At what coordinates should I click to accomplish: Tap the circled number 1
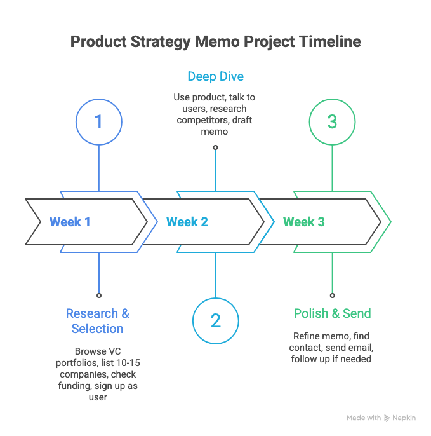pyautogui.click(x=98, y=122)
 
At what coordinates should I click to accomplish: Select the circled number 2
pyautogui.click(x=215, y=320)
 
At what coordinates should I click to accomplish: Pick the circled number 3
pyautogui.click(x=332, y=122)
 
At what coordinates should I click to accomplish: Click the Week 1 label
pyautogui.click(x=70, y=222)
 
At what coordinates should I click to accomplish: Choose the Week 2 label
pyautogui.click(x=187, y=222)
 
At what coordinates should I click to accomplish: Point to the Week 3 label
pyautogui.click(x=303, y=222)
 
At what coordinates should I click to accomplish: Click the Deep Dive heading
pyautogui.click(x=215, y=77)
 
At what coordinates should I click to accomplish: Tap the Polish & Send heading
pyautogui.click(x=332, y=313)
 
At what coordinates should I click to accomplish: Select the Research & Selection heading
pyautogui.click(x=98, y=321)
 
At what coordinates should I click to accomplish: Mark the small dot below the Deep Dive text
pyautogui.click(x=215, y=147)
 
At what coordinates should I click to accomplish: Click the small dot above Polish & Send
pyautogui.click(x=332, y=296)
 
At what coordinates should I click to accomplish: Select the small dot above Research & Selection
pyautogui.click(x=98, y=296)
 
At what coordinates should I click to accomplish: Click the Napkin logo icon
pyautogui.click(x=387, y=418)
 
